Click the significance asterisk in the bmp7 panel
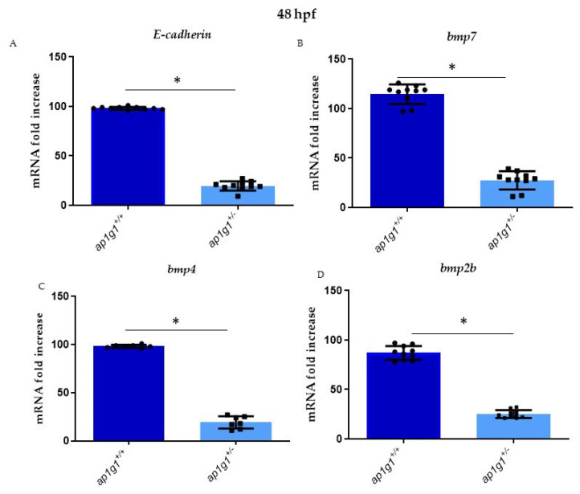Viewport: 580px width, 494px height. (x=451, y=68)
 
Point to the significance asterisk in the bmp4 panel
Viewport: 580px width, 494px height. (x=176, y=322)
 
